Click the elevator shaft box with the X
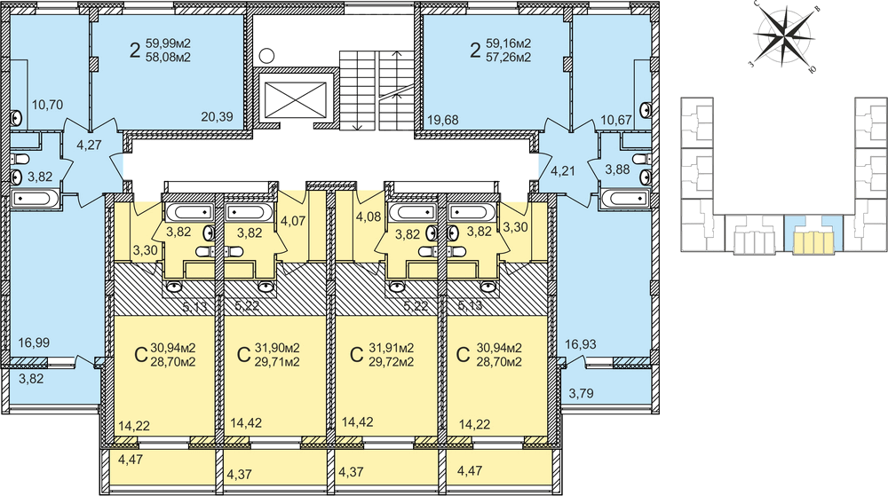click(x=295, y=98)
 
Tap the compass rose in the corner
click(x=784, y=37)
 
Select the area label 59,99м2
click(x=168, y=43)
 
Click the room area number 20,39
click(x=217, y=116)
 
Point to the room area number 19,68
click(x=443, y=120)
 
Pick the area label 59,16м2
click(x=509, y=43)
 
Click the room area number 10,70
click(x=48, y=105)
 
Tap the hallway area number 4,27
click(x=89, y=145)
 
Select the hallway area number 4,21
click(x=563, y=170)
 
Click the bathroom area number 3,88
click(x=617, y=169)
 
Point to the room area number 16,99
click(x=34, y=342)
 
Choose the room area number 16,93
click(x=581, y=344)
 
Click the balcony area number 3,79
click(x=581, y=392)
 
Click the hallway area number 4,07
click(x=293, y=220)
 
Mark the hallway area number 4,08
click(x=369, y=217)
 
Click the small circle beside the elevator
click(x=267, y=56)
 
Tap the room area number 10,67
click(x=616, y=120)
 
